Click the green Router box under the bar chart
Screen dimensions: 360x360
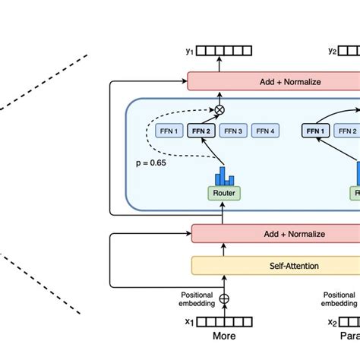point(223,193)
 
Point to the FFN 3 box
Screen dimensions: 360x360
point(233,131)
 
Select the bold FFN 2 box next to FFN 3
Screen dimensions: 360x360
point(201,131)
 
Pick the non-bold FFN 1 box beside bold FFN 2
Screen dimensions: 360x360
point(169,131)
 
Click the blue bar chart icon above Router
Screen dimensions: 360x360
point(223,175)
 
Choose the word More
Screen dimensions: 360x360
point(223,336)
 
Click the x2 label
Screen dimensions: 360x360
point(332,322)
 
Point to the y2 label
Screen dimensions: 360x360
point(333,52)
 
